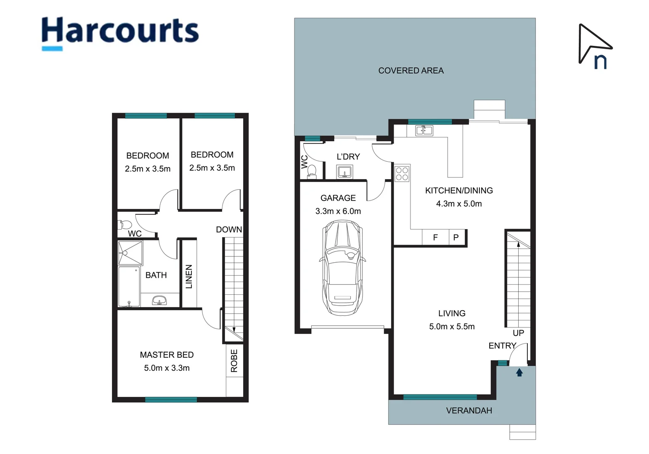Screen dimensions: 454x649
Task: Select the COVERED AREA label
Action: click(x=411, y=71)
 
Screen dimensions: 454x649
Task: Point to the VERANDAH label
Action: click(x=469, y=411)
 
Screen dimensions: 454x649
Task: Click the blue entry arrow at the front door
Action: click(x=519, y=372)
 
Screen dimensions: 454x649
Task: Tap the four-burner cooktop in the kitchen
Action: click(x=402, y=174)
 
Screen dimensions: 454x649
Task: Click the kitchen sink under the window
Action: click(x=424, y=131)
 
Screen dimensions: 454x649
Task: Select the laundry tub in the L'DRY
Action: click(x=344, y=172)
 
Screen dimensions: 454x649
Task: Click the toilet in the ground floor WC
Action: click(x=312, y=171)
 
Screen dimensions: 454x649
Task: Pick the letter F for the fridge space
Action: click(x=435, y=238)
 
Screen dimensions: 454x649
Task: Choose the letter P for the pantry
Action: click(x=456, y=238)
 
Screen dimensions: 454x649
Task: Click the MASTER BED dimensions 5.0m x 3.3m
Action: click(x=167, y=368)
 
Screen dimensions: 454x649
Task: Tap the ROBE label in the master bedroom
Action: click(x=234, y=361)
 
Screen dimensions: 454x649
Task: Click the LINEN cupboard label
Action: click(x=189, y=276)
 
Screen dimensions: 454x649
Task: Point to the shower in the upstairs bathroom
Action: click(x=130, y=253)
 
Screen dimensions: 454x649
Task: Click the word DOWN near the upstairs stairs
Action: click(x=229, y=230)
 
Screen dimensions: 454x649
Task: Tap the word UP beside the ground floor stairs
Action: click(x=518, y=333)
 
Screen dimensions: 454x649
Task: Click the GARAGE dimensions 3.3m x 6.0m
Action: click(x=338, y=211)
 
